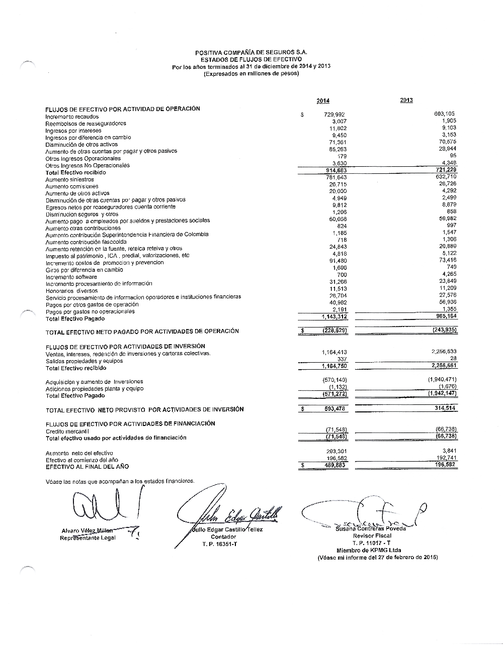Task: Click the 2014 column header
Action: [323, 101]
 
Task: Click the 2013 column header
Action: [406, 100]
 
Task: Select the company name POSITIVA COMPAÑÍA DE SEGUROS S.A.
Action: [251, 52]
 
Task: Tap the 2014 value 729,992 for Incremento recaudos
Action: [335, 115]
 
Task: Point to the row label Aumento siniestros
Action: [69, 179]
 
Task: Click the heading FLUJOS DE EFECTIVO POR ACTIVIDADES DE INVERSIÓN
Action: [125, 346]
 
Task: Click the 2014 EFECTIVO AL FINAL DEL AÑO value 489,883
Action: [334, 465]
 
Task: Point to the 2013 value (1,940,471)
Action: [442, 379]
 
